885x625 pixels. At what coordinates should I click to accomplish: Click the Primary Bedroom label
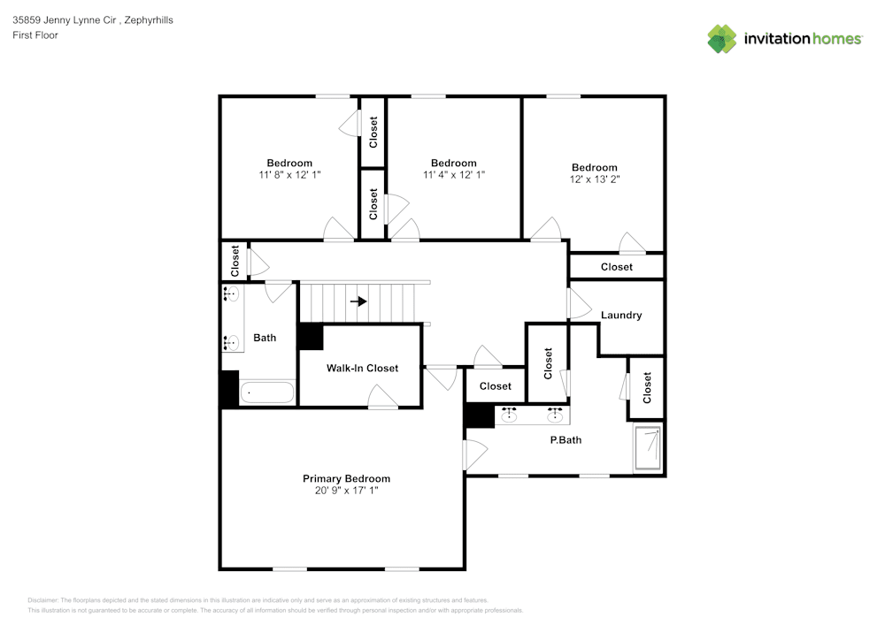pos(346,478)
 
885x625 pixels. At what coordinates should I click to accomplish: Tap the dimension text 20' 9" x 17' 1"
pos(346,490)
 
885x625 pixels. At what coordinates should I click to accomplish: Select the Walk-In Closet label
pos(362,368)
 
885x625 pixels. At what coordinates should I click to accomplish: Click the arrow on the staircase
pos(358,301)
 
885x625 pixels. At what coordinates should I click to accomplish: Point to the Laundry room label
pos(621,315)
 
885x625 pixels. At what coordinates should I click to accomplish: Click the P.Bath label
pos(566,439)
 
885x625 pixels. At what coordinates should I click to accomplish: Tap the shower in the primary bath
pos(648,448)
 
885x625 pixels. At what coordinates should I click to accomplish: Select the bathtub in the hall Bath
pos(268,393)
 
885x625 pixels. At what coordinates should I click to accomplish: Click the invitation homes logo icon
pos(722,39)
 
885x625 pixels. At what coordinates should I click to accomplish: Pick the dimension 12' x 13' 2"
pos(594,179)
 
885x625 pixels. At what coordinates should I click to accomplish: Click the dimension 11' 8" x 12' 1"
pos(289,175)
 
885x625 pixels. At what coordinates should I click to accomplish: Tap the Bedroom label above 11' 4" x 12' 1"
pos(454,163)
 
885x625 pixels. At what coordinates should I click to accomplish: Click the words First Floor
pos(35,35)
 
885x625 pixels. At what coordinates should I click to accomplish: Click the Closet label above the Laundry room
pos(617,266)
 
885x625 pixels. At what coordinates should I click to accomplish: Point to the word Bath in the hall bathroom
pos(265,337)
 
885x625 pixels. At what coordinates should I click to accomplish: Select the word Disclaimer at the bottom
pos(42,600)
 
